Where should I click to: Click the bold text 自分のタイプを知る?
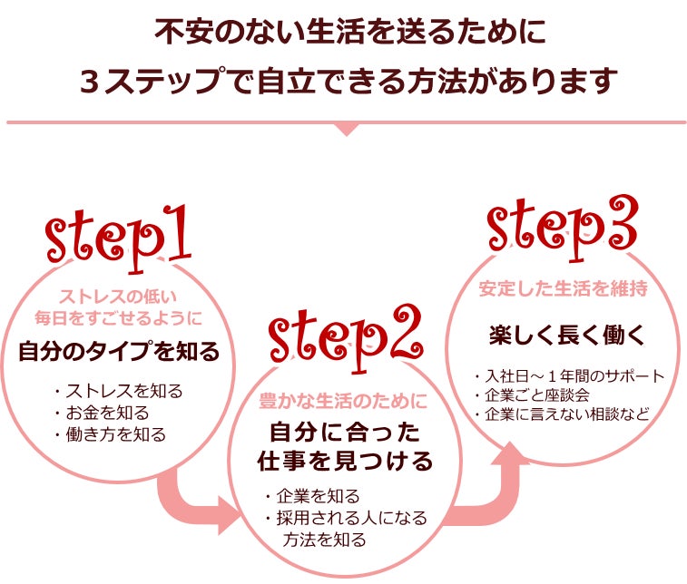pyautogui.click(x=119, y=352)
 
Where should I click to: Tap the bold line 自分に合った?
pyautogui.click(x=343, y=429)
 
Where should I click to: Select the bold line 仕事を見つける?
pyautogui.click(x=343, y=461)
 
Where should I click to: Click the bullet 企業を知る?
pyautogui.click(x=312, y=497)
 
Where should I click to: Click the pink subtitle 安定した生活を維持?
pyautogui.click(x=563, y=290)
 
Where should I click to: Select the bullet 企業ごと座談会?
pyautogui.click(x=531, y=395)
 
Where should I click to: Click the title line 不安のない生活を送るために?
pyautogui.click(x=344, y=34)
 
